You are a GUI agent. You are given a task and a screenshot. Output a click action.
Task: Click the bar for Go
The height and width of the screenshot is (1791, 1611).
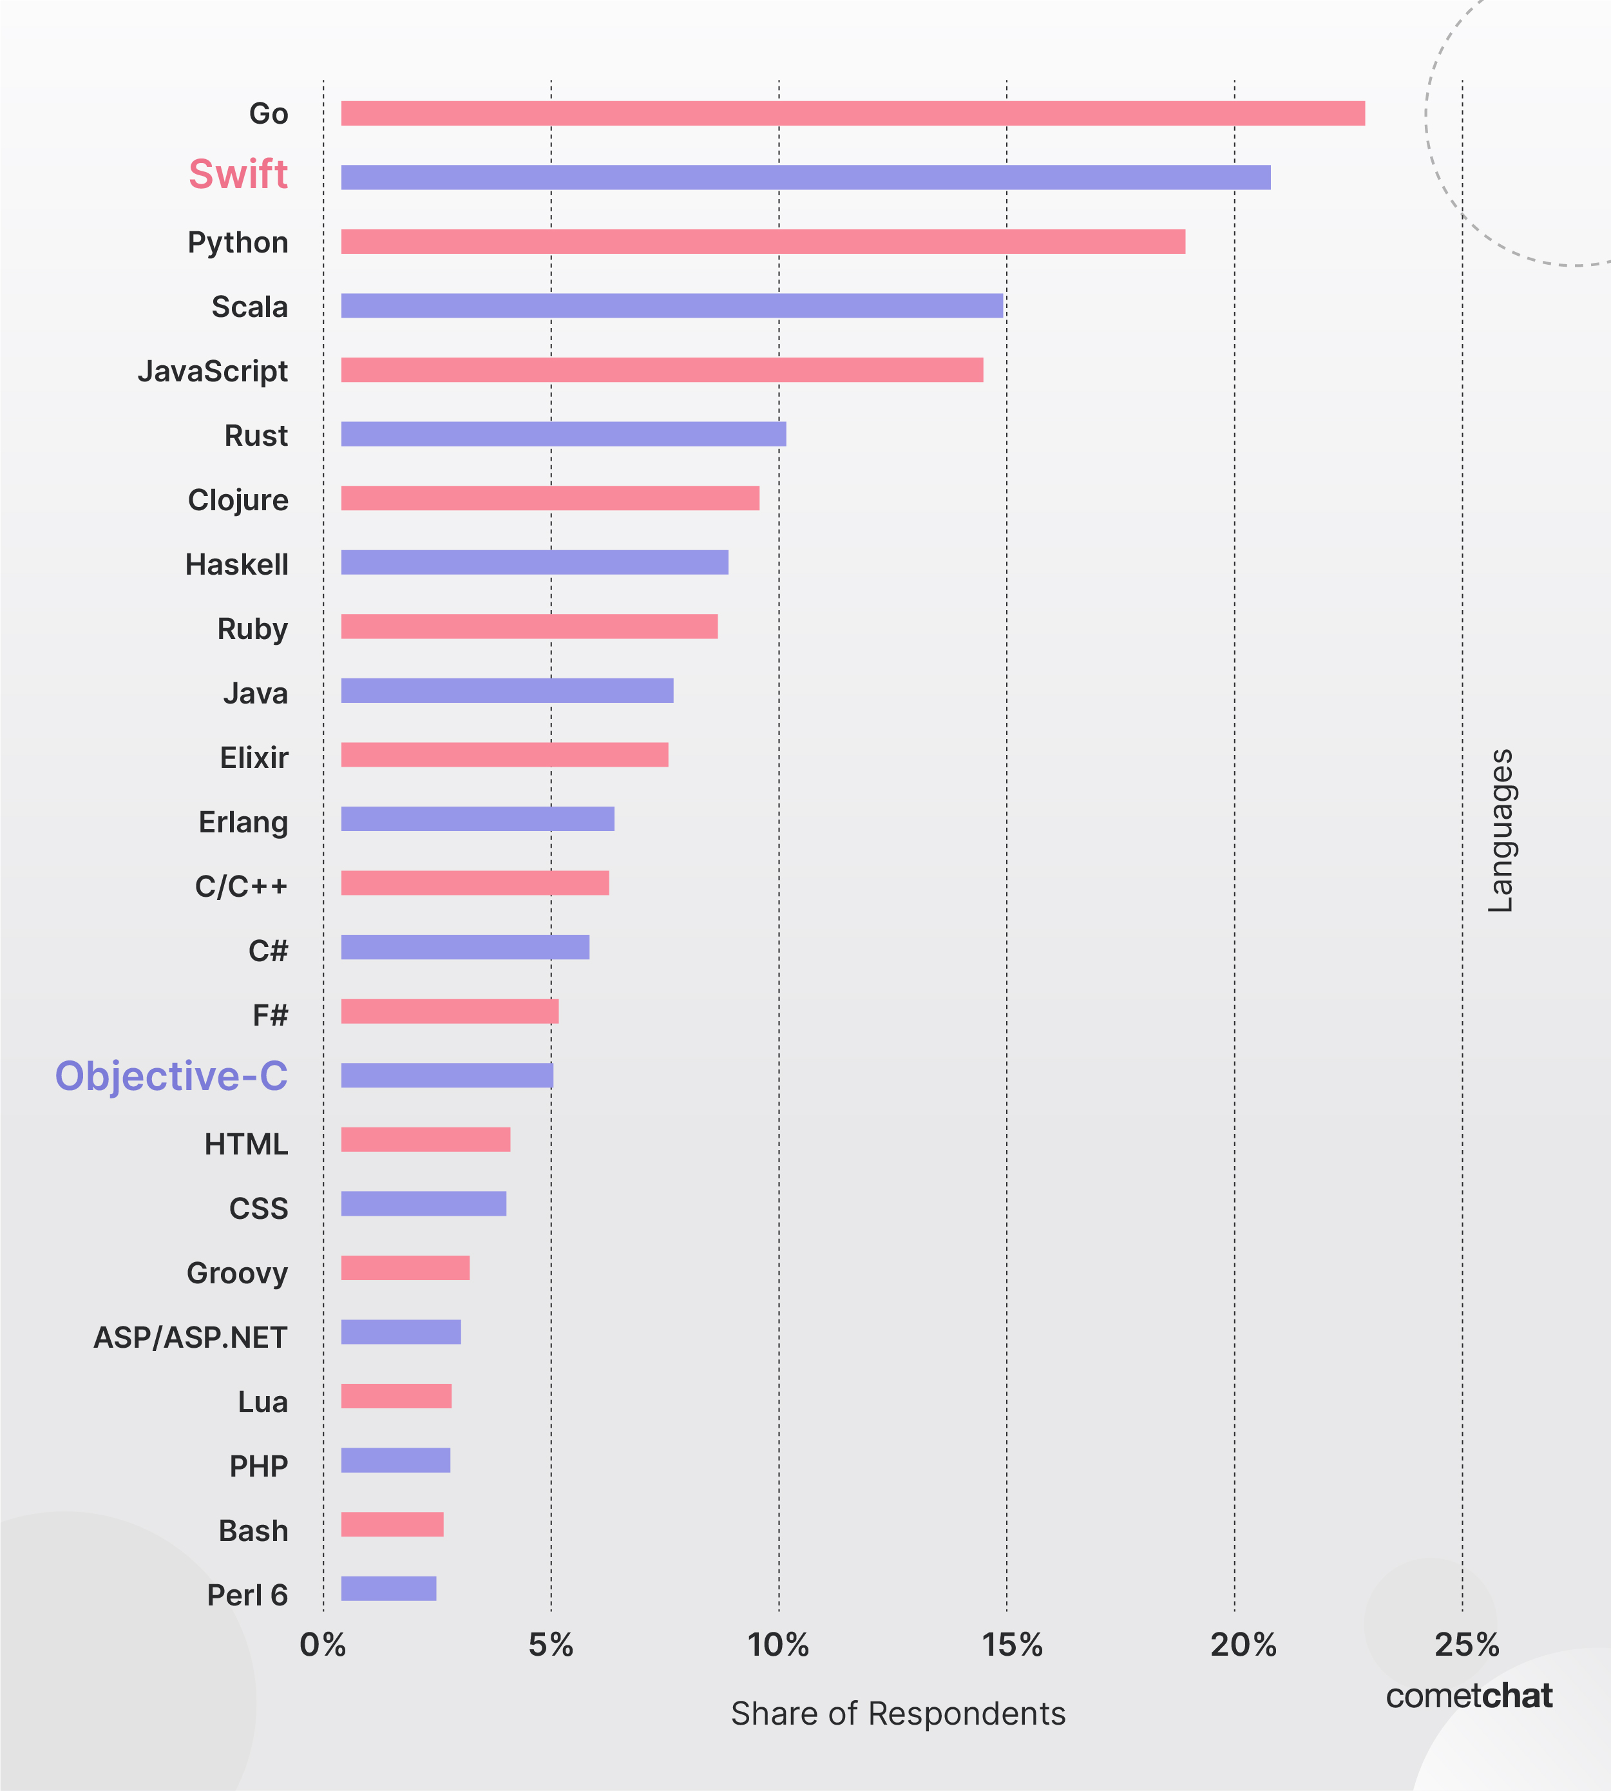tap(852, 113)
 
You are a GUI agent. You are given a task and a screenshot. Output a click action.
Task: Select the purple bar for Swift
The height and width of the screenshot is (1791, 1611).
tap(805, 177)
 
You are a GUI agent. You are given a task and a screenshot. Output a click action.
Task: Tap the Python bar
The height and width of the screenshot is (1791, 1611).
tap(763, 242)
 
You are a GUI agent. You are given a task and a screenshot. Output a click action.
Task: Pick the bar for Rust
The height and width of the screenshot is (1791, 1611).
tap(563, 434)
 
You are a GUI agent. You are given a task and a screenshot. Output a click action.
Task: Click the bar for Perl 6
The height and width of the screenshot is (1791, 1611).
tap(388, 1588)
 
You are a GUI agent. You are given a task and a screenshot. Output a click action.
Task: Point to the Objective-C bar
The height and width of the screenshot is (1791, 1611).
tap(447, 1076)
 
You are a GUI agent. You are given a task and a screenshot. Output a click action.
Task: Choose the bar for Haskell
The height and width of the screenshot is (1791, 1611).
tap(535, 562)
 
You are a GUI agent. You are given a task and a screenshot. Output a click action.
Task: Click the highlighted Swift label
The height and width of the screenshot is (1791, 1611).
tap(238, 175)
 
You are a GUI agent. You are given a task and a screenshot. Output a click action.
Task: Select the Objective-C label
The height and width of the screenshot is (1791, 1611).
tap(172, 1076)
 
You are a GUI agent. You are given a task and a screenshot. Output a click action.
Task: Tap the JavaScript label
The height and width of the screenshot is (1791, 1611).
tap(213, 371)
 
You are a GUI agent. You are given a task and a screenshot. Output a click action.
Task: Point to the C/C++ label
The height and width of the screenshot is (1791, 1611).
tap(241, 886)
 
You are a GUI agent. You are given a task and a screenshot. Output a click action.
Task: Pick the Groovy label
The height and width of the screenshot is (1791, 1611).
tap(237, 1273)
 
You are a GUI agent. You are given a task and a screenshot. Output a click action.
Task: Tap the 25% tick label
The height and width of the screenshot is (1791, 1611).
tap(1467, 1645)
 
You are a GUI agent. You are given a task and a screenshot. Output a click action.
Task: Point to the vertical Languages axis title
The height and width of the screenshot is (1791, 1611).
tap(1500, 830)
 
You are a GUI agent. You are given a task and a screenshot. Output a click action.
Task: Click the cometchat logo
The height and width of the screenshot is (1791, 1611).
tap(1469, 1696)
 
